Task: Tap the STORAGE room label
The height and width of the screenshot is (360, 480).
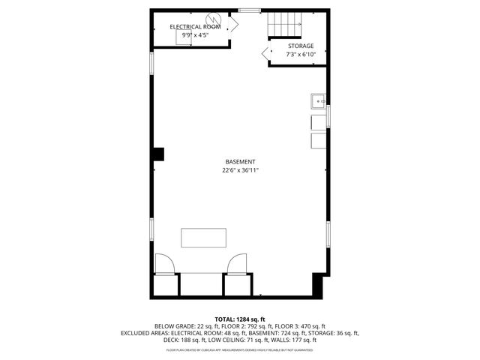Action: [301, 46]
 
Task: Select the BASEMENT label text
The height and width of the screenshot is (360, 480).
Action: [240, 162]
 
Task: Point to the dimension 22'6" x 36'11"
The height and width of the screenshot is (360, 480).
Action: [240, 170]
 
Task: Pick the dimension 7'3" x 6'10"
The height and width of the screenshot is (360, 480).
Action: [301, 54]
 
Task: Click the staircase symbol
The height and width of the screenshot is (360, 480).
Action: [285, 25]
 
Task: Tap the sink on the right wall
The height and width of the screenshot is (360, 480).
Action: [319, 100]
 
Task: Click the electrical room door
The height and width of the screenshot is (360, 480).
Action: [232, 24]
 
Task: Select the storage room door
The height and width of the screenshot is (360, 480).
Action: [266, 52]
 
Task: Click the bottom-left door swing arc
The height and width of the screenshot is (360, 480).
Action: [164, 263]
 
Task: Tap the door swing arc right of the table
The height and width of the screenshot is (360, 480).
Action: [236, 263]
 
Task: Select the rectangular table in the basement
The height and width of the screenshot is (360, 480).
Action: [203, 238]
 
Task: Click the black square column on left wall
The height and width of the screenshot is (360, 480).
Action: [158, 154]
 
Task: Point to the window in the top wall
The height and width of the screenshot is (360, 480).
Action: [250, 10]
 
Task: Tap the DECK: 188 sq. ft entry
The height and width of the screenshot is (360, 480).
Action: [172, 339]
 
